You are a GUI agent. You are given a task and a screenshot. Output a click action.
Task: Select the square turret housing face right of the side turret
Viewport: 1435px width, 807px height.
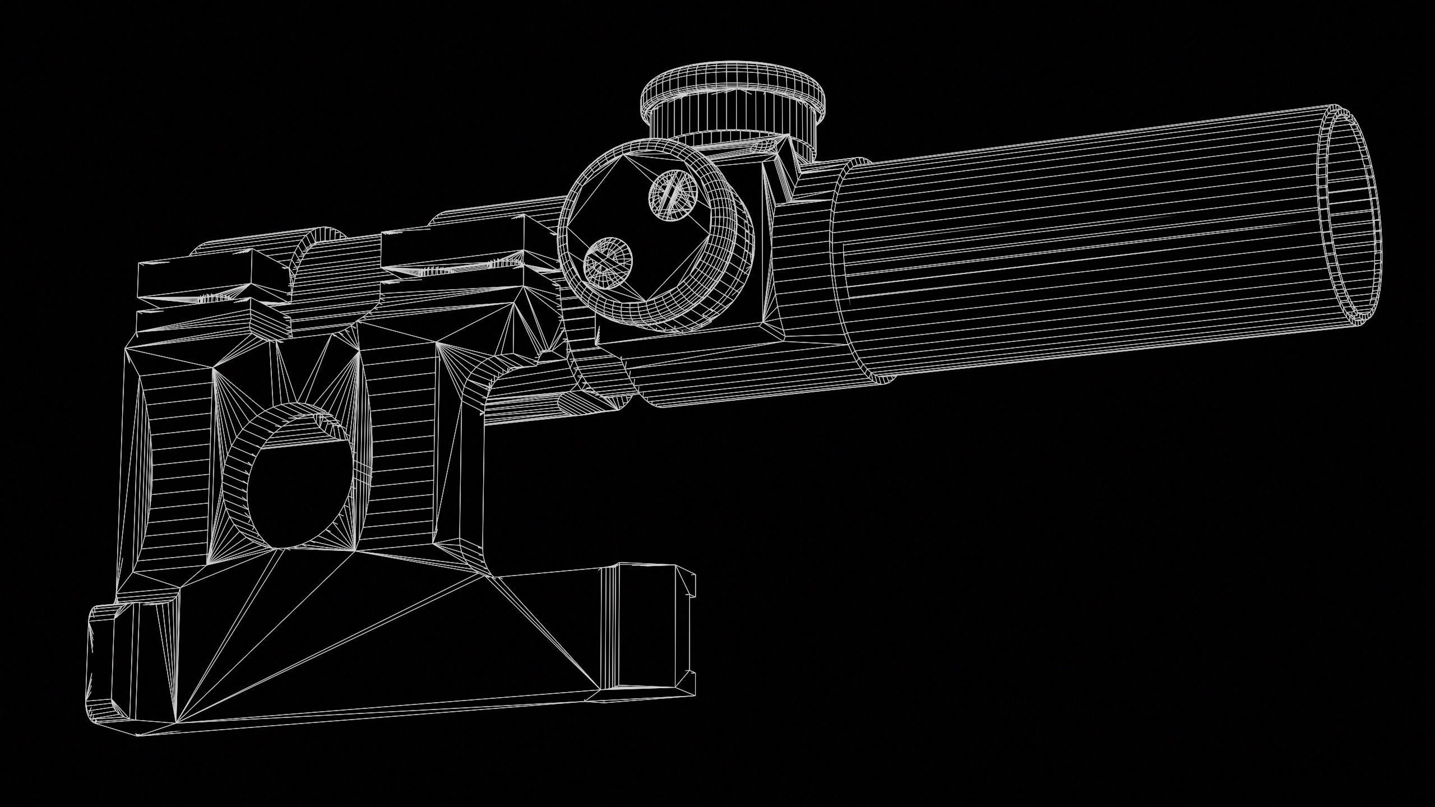point(762,247)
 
